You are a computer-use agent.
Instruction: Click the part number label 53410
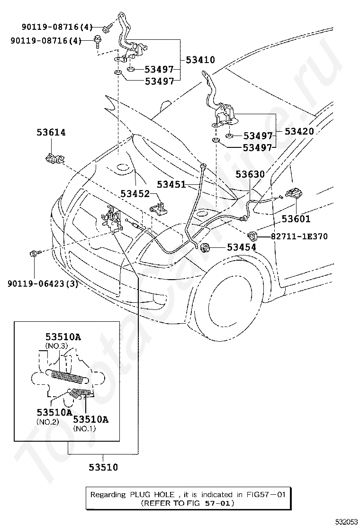pos(200,60)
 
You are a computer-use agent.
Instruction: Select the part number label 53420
pos(299,131)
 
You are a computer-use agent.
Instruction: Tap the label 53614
pos(51,132)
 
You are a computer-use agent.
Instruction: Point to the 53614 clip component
pos(54,158)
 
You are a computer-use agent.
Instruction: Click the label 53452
pos(135,193)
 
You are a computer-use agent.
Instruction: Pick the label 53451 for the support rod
pos(171,184)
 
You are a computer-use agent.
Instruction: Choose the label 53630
pos(250,174)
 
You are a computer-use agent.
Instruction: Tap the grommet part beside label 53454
pos(205,248)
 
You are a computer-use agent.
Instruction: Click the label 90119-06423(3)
pos(43,284)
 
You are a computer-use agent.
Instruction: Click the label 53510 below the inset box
pos(103,467)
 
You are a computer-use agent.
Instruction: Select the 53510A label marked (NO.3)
pos(63,337)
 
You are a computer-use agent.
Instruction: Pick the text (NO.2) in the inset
pos(48,422)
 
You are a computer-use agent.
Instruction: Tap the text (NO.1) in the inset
pos(84,428)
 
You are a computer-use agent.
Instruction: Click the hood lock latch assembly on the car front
pos(111,218)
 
